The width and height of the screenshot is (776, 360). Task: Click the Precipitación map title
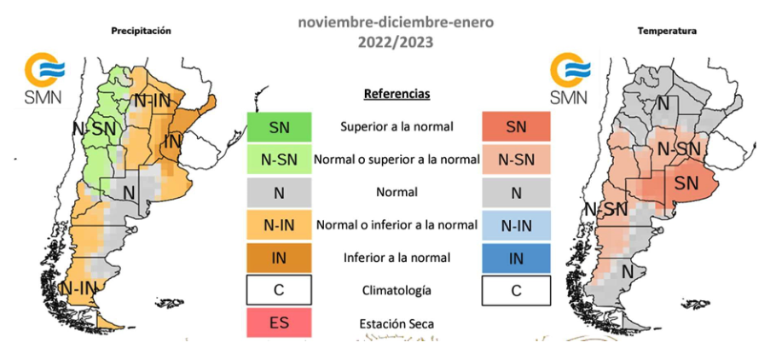tap(141, 31)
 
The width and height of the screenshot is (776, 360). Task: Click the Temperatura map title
tap(667, 31)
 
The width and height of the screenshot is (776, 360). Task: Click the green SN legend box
tap(279, 127)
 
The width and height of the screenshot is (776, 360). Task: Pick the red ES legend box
tap(279, 323)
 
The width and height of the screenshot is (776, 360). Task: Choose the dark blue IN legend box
tap(516, 258)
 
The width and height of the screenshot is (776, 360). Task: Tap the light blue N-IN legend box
tap(516, 225)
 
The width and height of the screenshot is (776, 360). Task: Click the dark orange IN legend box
tap(279, 258)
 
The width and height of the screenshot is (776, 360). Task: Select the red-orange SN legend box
tap(516, 127)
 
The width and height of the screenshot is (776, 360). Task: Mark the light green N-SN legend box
tap(279, 160)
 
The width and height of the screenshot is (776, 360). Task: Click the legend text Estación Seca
tap(396, 323)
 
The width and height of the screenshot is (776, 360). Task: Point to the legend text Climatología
tap(396, 291)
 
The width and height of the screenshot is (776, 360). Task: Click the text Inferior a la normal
tap(396, 258)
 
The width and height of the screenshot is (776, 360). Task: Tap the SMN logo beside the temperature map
tap(569, 78)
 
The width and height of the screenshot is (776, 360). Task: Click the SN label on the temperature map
tap(686, 182)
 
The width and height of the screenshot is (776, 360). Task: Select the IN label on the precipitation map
tap(173, 142)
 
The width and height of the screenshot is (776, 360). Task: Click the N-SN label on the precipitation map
tap(94, 129)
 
